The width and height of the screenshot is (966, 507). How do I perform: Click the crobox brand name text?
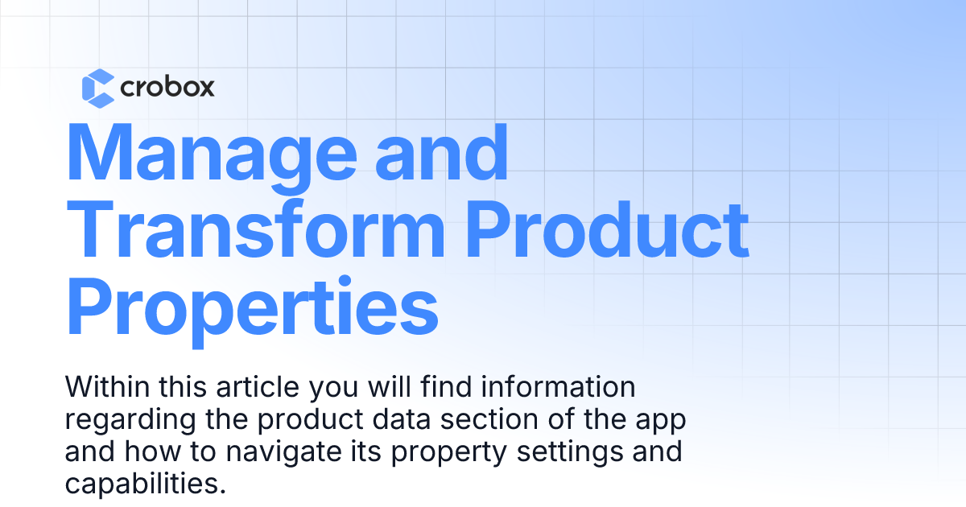click(167, 87)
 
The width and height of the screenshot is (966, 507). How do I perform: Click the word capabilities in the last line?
click(141, 484)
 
